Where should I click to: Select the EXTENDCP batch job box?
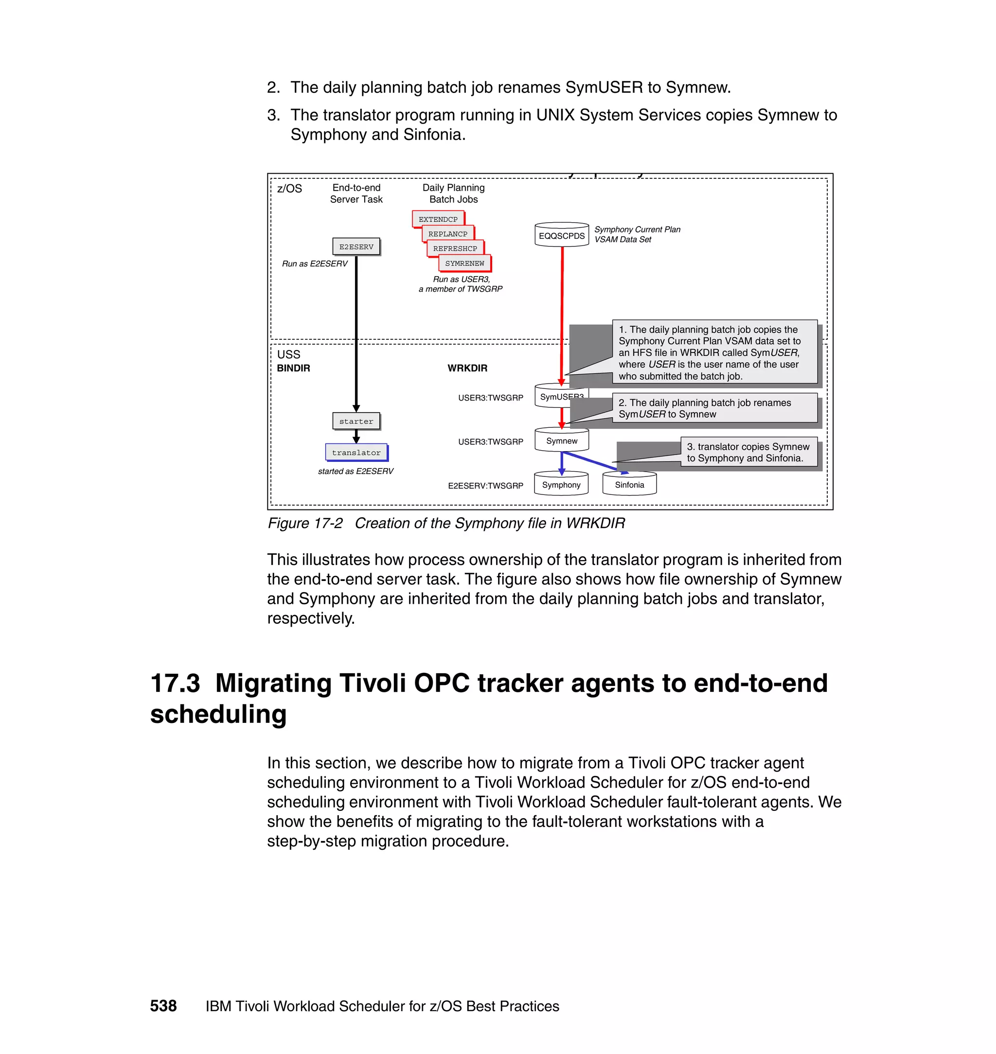tap(438, 219)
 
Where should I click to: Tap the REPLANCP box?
tap(447, 233)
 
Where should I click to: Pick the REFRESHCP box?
tap(455, 248)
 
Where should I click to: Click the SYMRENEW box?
tap(464, 263)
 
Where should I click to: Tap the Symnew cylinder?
tap(561, 441)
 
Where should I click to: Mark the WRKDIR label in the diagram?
tap(467, 369)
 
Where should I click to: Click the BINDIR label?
tap(293, 369)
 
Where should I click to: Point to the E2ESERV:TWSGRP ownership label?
tap(485, 486)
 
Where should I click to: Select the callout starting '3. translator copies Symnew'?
tap(748, 452)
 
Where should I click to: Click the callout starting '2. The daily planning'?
tap(714, 408)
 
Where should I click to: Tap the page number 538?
tap(163, 1006)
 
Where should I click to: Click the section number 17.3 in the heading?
tap(175, 683)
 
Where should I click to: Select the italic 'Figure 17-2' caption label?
tap(305, 523)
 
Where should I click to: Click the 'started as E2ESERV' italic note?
tap(356, 471)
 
